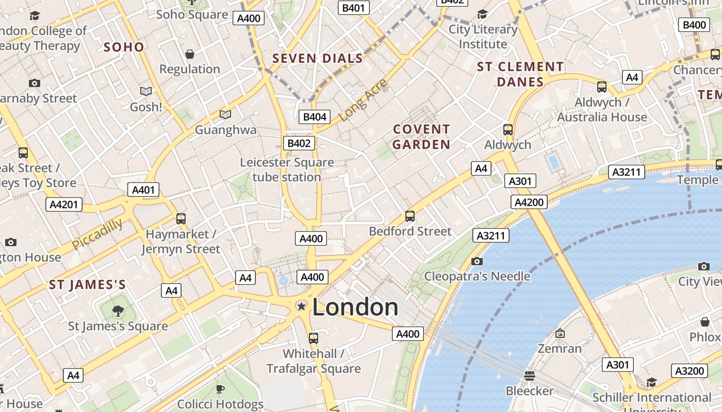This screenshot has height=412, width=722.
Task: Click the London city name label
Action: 355,307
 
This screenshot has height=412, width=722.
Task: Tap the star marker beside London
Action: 301,306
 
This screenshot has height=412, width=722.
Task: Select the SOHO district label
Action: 124,47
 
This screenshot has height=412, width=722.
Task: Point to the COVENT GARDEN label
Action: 421,137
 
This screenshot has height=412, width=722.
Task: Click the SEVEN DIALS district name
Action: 318,59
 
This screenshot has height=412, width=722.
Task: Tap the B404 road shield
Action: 315,117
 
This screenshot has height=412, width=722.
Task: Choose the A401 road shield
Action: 143,190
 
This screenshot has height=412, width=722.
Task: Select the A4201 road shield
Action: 64,204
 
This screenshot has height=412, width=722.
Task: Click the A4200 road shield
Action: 529,202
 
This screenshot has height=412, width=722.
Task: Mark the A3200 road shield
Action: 690,371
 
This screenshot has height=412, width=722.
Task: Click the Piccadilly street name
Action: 97,234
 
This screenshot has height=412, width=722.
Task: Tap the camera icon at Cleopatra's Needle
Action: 477,262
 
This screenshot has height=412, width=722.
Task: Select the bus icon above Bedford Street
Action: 410,216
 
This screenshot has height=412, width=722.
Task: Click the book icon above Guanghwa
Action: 225,114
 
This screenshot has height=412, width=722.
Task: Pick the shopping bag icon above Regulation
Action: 190,54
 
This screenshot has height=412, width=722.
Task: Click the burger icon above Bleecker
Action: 529,375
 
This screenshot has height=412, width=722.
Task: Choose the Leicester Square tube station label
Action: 287,170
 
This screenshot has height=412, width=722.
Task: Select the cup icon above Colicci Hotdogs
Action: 220,389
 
